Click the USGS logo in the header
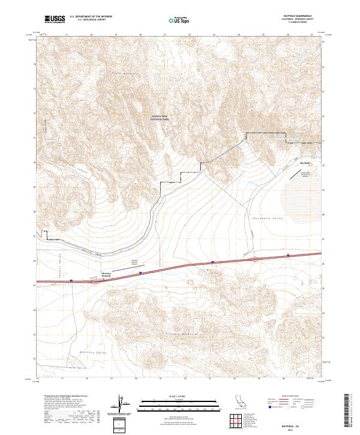pos(55,19)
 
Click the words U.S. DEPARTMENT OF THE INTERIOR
pos(91,17)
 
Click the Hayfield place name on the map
pos(305,163)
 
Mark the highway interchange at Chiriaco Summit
pos(95,278)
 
